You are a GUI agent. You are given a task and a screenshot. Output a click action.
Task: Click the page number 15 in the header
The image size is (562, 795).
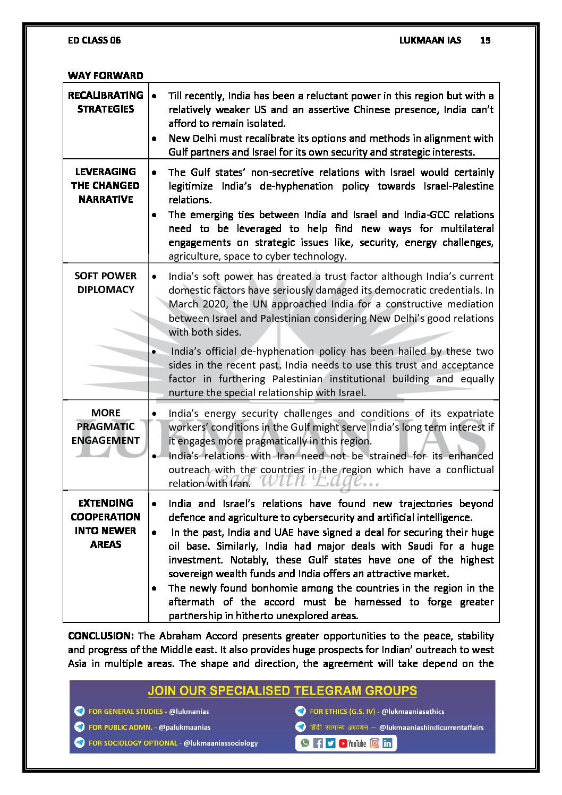coord(485,40)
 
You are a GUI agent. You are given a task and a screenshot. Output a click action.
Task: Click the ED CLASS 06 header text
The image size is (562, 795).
coord(94,40)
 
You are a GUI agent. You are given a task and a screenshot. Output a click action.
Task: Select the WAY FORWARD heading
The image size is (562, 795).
coord(105,75)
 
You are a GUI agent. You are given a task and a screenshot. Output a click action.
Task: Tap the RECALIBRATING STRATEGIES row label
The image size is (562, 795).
coord(106,102)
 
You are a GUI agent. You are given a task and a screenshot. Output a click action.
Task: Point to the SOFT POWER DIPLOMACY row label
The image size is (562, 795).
coord(106,283)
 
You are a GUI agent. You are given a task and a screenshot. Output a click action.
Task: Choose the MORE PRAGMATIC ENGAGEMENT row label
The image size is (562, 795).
coord(106,426)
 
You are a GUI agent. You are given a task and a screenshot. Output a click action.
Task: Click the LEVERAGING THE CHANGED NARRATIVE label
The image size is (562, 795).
coord(106,185)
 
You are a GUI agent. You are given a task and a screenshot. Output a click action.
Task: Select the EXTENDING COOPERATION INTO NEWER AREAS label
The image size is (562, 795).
coord(106,524)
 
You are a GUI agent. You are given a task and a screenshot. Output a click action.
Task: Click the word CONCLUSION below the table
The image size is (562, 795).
coord(100,636)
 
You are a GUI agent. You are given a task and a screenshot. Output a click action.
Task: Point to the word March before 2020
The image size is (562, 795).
coord(184,304)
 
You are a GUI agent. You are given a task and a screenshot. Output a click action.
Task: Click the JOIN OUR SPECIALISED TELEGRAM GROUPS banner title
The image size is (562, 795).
coord(282,691)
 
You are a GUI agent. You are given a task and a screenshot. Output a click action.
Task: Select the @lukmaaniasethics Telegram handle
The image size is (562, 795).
coord(413,712)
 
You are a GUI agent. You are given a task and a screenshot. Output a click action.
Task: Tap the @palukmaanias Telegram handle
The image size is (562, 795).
coord(184,728)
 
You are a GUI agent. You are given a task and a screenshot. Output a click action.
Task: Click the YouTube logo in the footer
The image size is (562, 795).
coord(353,743)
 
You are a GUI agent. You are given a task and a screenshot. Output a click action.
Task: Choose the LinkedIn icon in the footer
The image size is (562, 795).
coord(387,743)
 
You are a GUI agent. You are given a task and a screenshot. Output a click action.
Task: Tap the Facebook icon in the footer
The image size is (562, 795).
coord(318,743)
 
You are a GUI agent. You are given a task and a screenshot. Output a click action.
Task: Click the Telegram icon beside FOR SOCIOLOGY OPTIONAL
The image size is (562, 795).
coord(80,743)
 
